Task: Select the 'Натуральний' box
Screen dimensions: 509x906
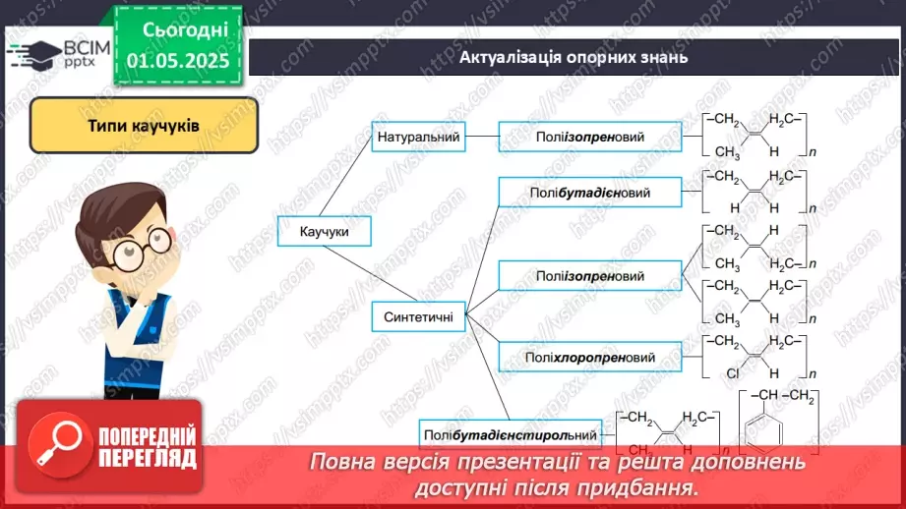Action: [x=419, y=138]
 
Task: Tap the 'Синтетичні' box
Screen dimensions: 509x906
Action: [x=418, y=316]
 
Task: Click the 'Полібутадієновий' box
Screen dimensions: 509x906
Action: [x=589, y=193]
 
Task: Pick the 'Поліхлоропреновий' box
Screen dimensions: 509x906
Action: [x=589, y=357]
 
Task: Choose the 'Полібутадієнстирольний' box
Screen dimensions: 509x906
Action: [x=510, y=433]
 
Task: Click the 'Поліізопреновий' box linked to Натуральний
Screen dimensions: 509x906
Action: [x=589, y=138]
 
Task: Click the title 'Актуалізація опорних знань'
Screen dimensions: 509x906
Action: [x=574, y=57]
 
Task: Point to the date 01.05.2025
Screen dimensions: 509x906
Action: [x=177, y=61]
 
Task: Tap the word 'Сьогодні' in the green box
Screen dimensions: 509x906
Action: [x=177, y=30]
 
